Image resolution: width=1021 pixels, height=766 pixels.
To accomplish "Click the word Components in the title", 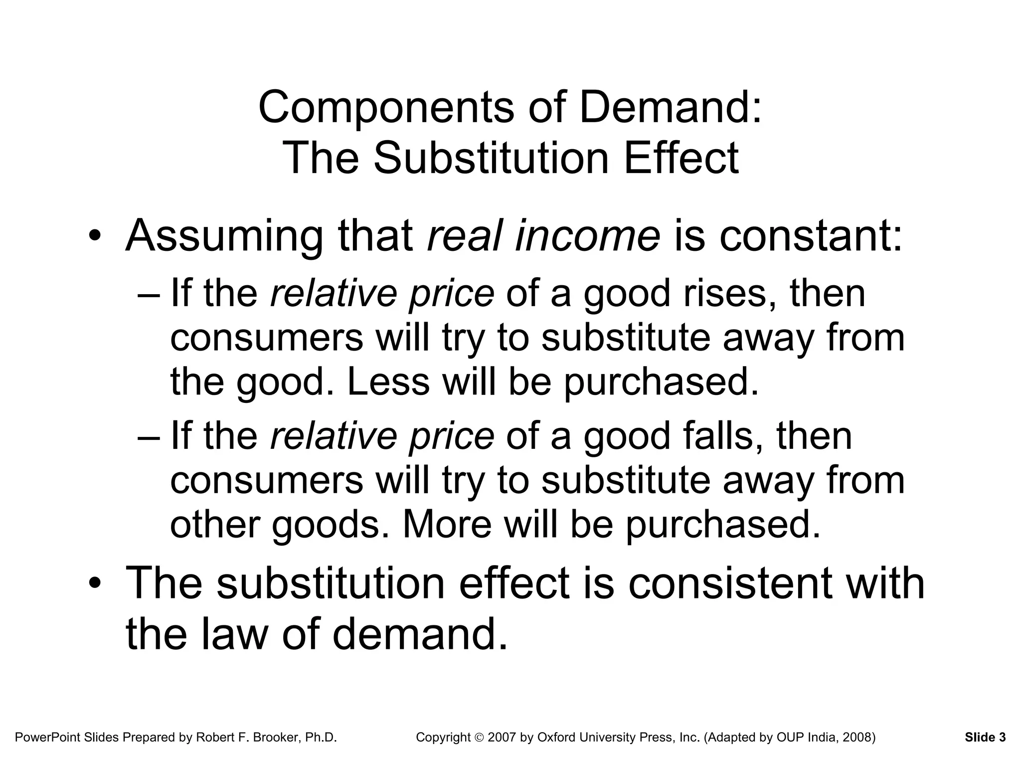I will (x=386, y=108).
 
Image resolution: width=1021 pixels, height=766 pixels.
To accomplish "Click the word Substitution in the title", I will (x=491, y=158).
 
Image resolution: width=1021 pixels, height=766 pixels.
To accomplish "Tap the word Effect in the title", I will (x=681, y=158).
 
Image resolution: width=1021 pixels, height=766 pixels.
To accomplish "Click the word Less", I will (x=388, y=382).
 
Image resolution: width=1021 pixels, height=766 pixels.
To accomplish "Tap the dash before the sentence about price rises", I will (x=149, y=294).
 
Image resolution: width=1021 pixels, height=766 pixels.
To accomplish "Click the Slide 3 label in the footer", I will (x=985, y=737).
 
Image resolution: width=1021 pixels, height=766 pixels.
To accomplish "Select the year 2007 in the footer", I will (x=503, y=737).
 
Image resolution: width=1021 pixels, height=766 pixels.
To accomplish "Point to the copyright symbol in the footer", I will (x=479, y=738).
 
